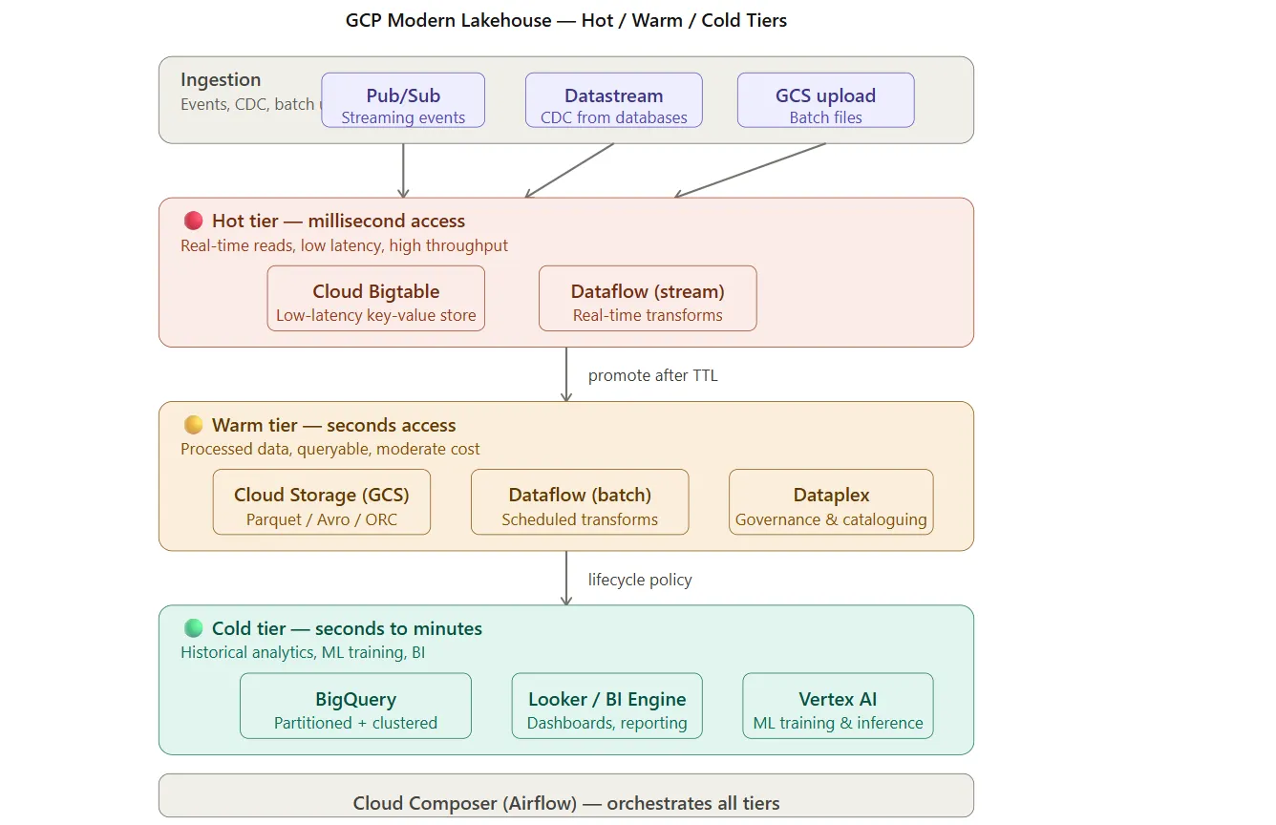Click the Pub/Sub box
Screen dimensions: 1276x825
(x=403, y=100)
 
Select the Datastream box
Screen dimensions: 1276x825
(x=613, y=100)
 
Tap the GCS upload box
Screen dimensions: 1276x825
(x=825, y=100)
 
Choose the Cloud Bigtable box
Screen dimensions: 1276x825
(x=376, y=298)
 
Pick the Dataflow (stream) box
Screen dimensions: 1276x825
(x=648, y=298)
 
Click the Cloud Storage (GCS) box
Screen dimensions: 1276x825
(x=322, y=501)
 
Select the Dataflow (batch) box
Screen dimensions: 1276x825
(x=580, y=501)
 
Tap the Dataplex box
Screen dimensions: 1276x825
(x=831, y=501)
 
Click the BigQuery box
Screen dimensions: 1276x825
(x=355, y=706)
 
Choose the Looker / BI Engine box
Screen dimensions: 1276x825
(x=606, y=706)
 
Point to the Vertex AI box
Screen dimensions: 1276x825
(x=838, y=706)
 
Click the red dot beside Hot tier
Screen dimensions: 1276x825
(x=194, y=221)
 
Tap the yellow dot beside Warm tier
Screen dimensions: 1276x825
(x=194, y=425)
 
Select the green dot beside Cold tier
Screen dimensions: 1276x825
(x=194, y=628)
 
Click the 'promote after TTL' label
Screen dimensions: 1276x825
(x=653, y=376)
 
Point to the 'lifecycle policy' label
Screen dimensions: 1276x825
(x=640, y=580)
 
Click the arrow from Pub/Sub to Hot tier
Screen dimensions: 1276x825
(x=403, y=170)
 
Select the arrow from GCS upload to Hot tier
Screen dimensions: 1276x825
(x=750, y=170)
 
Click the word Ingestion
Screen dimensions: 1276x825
(x=221, y=79)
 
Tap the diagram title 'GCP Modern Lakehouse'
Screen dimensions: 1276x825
(x=448, y=20)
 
